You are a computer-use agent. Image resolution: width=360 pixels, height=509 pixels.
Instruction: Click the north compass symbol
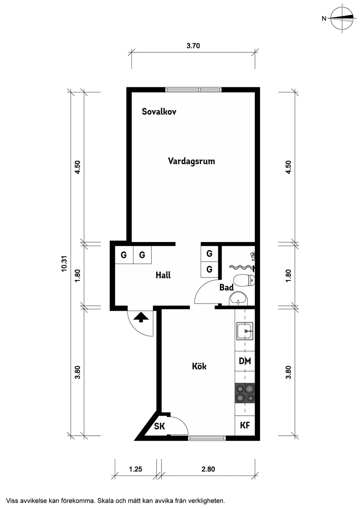(x=342, y=19)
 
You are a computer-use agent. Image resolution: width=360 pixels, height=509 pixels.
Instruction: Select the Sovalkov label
(x=159, y=112)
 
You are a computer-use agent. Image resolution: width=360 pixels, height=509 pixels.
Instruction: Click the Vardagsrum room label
(x=192, y=161)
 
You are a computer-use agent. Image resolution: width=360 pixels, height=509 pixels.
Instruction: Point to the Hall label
(x=163, y=275)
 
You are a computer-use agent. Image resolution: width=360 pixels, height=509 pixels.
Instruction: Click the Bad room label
(x=226, y=288)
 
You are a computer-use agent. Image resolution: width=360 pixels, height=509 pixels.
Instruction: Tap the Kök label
(x=199, y=366)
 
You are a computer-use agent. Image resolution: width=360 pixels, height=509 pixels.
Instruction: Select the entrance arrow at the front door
(x=141, y=317)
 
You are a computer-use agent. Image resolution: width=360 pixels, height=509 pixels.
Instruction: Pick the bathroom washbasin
(x=238, y=299)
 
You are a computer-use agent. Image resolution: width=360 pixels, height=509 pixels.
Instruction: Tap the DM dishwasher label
(x=245, y=362)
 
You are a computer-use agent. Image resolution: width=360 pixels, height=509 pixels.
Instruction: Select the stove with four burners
(x=245, y=393)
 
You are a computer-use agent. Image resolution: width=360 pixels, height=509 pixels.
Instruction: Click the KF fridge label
(x=245, y=426)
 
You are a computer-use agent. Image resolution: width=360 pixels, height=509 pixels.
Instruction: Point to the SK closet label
(x=159, y=427)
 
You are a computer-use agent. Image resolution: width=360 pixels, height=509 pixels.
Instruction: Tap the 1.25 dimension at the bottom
(x=136, y=470)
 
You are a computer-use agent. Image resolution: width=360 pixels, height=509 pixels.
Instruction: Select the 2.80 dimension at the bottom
(x=208, y=470)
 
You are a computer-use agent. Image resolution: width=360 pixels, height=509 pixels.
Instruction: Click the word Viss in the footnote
(x=13, y=501)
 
